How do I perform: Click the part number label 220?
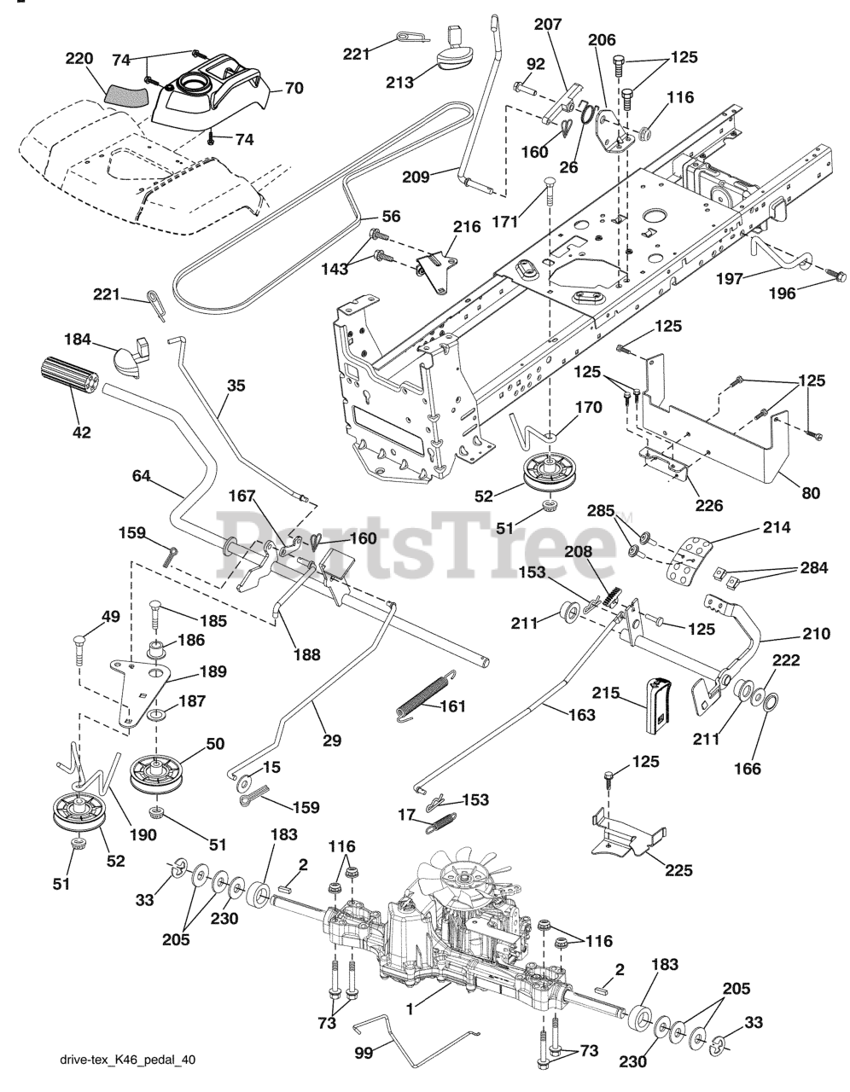point(79,59)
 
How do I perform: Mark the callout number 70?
point(293,88)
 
